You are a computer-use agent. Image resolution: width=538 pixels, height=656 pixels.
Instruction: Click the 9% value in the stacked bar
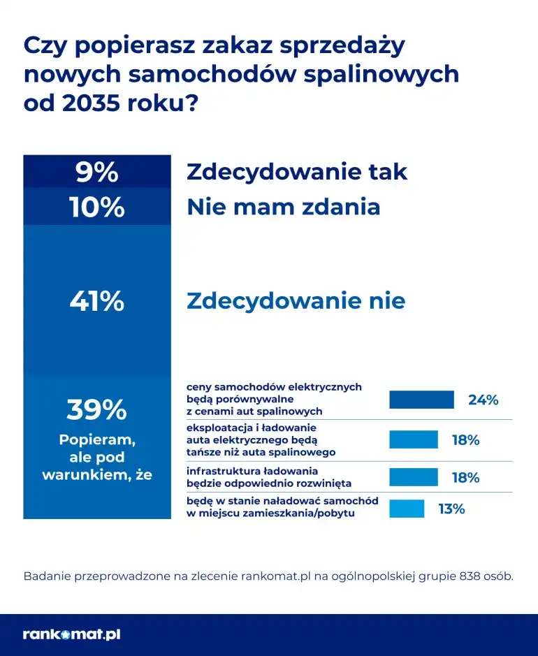[96, 172]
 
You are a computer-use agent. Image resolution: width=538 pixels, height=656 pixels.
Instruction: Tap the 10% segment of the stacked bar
[96, 207]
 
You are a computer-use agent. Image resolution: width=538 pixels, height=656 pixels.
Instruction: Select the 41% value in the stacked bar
[96, 301]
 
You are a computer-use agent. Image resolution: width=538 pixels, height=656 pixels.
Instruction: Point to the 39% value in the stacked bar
[96, 410]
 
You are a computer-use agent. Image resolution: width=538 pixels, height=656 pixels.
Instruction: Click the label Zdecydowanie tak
[296, 172]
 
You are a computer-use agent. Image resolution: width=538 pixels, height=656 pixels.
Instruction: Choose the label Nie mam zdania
[283, 207]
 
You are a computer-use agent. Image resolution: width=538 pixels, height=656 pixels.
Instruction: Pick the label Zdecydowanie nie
[296, 301]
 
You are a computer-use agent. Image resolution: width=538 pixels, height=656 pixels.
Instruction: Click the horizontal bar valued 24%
[421, 400]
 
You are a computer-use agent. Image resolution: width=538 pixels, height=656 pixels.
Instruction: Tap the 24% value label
[483, 400]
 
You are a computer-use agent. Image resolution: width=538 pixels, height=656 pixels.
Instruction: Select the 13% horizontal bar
[406, 509]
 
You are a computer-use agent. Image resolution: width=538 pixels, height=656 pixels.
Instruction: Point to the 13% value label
[451, 509]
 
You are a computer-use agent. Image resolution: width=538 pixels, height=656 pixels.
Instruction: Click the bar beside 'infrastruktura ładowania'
[413, 477]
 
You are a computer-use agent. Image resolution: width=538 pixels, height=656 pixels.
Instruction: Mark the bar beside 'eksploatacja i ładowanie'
[413, 439]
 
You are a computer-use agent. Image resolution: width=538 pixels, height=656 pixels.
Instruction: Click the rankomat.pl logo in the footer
[71, 634]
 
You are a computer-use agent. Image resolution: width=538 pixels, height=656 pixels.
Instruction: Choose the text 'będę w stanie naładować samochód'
[282, 502]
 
